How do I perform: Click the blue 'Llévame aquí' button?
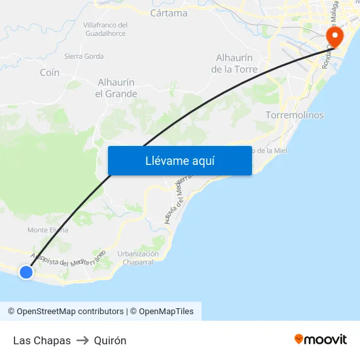[179, 160]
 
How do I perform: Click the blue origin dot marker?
[26, 272]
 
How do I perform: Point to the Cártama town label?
[168, 13]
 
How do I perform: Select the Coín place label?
[50, 73]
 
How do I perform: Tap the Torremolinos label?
[295, 115]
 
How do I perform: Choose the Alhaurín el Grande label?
[116, 88]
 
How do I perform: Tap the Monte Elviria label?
[48, 230]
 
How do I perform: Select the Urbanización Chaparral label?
[138, 258]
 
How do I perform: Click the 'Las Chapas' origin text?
[42, 340]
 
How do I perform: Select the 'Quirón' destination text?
[110, 340]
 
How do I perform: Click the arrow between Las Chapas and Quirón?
[82, 340]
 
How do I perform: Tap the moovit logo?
[321, 339]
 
